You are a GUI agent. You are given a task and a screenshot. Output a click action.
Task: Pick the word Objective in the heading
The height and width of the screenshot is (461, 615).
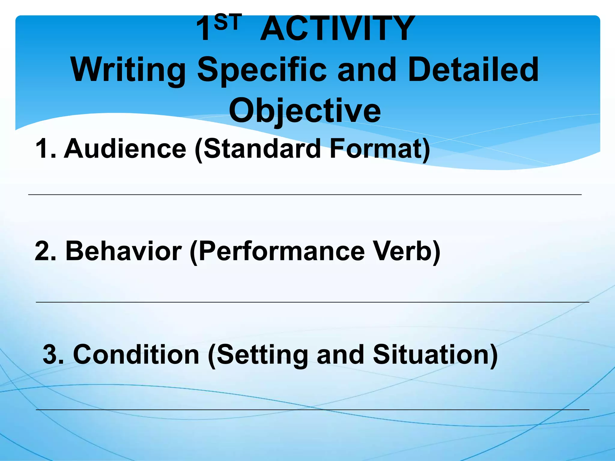pos(305,111)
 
